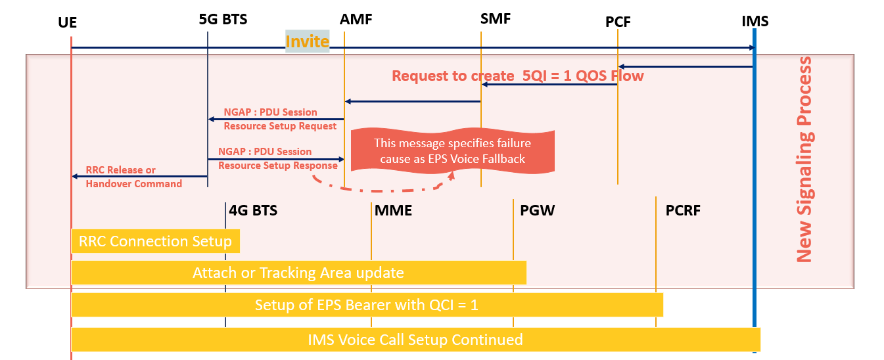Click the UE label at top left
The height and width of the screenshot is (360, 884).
click(x=67, y=23)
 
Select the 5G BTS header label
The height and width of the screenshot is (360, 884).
click(x=223, y=19)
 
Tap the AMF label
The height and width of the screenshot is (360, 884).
click(x=356, y=19)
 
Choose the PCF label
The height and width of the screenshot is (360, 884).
click(x=618, y=22)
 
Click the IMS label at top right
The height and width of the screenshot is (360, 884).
click(x=755, y=21)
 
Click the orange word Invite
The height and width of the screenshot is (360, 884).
click(x=307, y=41)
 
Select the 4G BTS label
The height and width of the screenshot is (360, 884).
click(x=253, y=211)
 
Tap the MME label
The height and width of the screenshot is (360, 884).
click(x=393, y=211)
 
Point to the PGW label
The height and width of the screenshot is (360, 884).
click(x=537, y=211)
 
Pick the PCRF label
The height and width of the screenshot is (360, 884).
click(x=683, y=211)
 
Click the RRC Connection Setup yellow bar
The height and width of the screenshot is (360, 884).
click(x=155, y=241)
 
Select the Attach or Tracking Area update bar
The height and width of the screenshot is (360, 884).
click(x=298, y=273)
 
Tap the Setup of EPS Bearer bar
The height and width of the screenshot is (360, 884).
click(x=367, y=305)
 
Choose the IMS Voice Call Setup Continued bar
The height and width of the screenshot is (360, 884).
click(x=415, y=340)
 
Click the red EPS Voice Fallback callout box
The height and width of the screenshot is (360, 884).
click(x=452, y=151)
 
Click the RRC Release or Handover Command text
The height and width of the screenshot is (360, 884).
click(x=133, y=177)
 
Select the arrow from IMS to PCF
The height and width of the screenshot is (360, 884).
click(x=686, y=66)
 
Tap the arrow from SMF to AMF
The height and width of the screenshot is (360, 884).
click(x=413, y=101)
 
